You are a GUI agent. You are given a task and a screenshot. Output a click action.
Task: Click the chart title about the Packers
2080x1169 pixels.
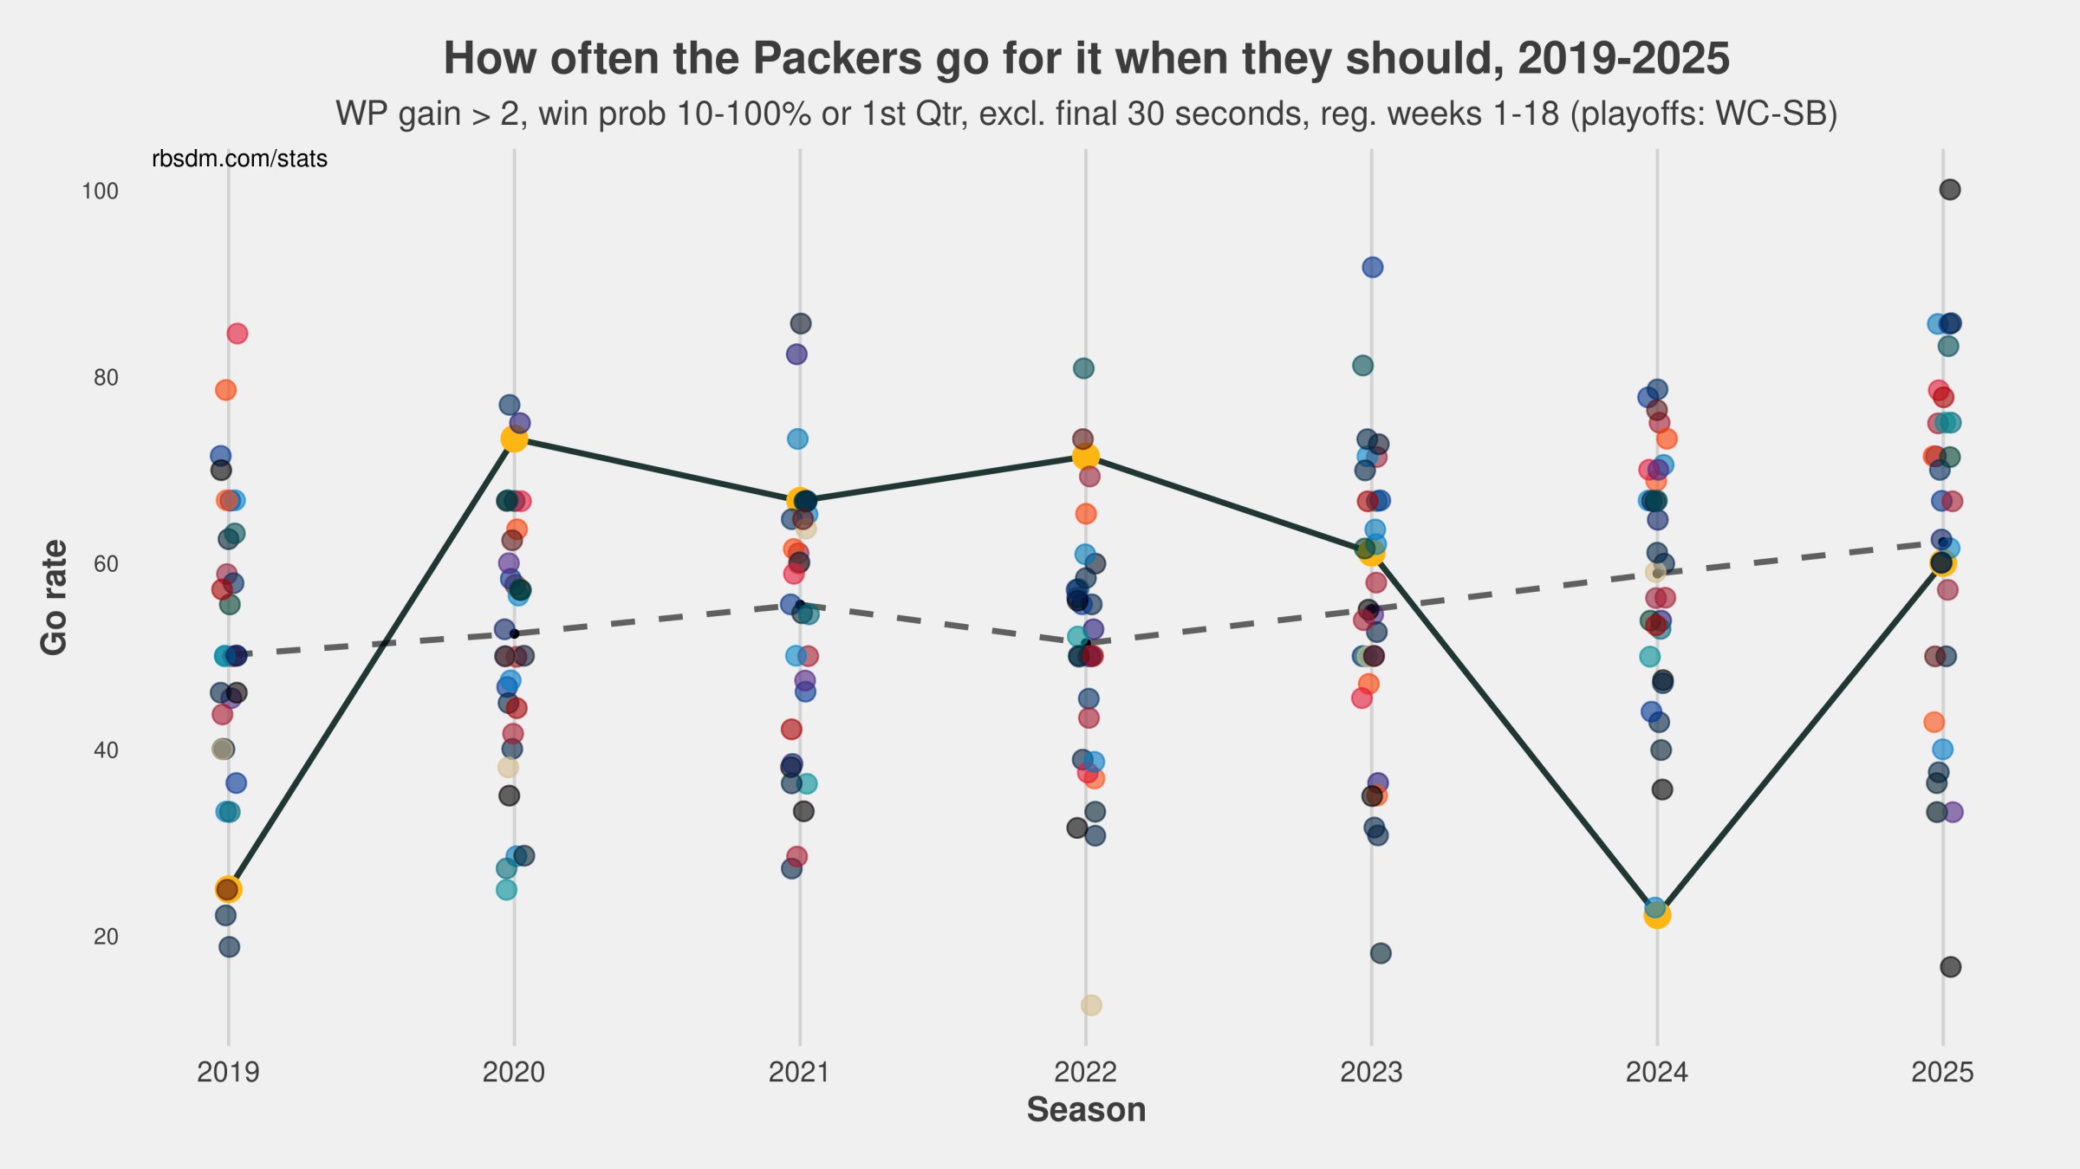(1086, 59)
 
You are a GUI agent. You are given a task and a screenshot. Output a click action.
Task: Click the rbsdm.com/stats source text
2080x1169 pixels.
(239, 159)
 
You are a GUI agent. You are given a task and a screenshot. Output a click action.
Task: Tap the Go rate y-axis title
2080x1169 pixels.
(54, 597)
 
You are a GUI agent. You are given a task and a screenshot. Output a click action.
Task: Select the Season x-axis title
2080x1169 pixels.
(1086, 1110)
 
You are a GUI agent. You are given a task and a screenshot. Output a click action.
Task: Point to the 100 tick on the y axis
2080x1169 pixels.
(100, 191)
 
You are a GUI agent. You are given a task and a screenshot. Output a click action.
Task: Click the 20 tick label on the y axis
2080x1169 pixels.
(105, 937)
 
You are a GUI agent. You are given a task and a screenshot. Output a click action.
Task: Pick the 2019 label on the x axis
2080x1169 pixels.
(228, 1073)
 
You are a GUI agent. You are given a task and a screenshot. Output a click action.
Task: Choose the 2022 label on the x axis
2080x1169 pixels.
(1085, 1073)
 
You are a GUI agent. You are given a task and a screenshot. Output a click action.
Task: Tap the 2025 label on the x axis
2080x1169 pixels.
(1942, 1073)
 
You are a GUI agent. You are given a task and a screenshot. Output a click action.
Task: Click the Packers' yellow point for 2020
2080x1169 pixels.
(514, 439)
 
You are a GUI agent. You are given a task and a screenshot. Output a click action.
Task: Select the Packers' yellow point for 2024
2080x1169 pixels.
(1657, 915)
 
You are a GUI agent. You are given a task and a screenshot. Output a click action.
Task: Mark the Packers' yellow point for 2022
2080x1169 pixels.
(1085, 456)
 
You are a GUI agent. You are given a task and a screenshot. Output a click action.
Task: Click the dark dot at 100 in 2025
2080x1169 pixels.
(1950, 190)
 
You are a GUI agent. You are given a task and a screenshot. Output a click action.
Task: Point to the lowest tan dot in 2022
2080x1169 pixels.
(1091, 1005)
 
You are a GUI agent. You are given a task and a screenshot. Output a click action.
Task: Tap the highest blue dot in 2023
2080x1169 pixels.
(1373, 268)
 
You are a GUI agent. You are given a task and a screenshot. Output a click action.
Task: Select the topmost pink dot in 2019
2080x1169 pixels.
(237, 334)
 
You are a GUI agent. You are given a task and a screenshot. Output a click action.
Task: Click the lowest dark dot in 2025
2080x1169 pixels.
(1951, 967)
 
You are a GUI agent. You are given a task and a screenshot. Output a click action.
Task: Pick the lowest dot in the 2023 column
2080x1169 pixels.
(1381, 953)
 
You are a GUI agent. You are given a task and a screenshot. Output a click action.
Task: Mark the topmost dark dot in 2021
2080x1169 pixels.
(801, 324)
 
